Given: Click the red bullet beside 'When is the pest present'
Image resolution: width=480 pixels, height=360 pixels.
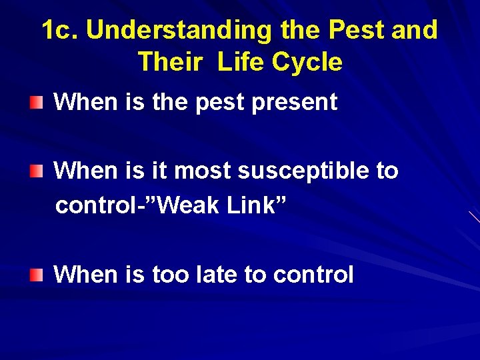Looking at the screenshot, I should [x=39, y=102].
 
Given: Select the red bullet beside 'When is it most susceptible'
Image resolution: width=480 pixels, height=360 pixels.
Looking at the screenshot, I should [x=39, y=171].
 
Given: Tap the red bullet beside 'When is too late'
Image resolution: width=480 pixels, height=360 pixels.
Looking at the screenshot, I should [x=39, y=274].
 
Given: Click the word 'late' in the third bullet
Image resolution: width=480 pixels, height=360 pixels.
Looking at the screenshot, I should [x=217, y=274].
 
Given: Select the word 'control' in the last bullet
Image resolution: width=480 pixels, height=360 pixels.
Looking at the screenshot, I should [x=313, y=274].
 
